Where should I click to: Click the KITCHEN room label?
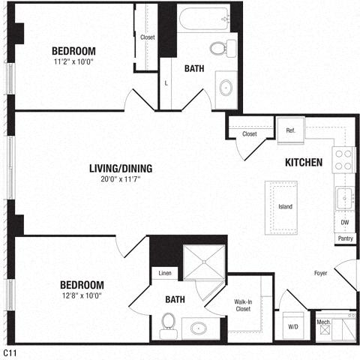point(304,163)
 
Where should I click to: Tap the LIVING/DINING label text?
point(121,169)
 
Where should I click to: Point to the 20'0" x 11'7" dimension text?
point(121,179)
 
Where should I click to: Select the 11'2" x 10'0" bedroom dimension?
point(73,61)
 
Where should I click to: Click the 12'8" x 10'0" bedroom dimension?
point(82,295)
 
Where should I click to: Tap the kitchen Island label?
point(285,206)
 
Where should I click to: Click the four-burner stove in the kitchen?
point(343,160)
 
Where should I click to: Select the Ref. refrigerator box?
point(291,130)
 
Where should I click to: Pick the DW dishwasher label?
point(345,222)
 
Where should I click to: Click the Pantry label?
point(345,238)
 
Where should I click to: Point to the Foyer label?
point(320,273)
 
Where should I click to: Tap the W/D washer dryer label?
point(293,327)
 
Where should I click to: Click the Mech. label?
point(324,322)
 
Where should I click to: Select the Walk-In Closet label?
point(243,305)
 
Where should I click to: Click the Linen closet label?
point(165,273)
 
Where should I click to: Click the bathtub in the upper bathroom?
point(204,19)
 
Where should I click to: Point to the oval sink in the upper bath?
point(226,88)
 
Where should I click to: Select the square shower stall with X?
point(204,262)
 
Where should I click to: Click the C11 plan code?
point(10,353)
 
